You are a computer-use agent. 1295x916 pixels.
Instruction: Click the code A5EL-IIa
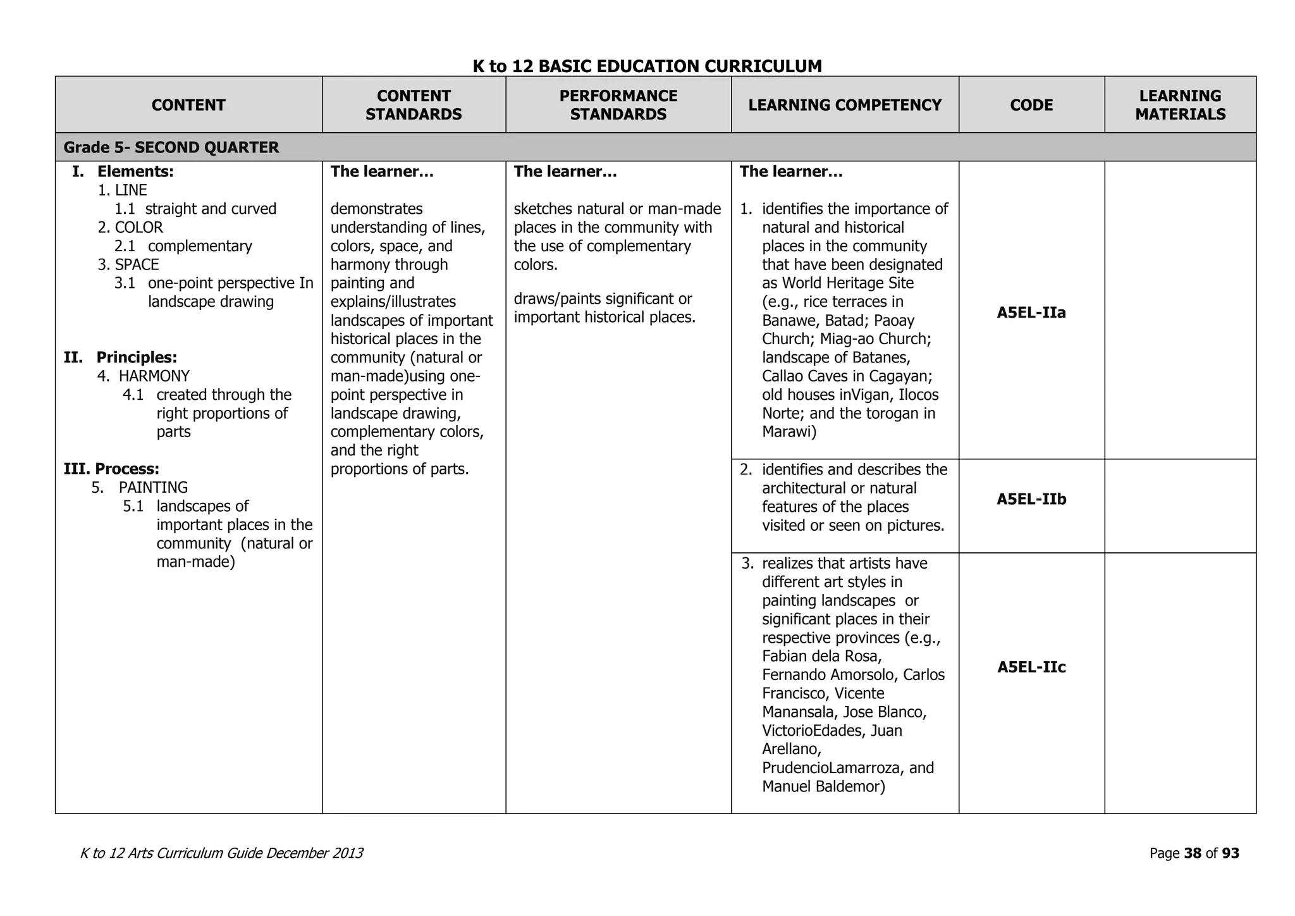(x=1031, y=313)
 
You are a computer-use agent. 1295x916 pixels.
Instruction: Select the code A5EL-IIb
(x=1031, y=499)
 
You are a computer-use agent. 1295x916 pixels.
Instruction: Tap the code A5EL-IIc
(x=1031, y=667)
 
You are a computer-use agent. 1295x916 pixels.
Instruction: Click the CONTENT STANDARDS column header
(x=414, y=105)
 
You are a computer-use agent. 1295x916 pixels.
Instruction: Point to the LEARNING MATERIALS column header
(x=1180, y=105)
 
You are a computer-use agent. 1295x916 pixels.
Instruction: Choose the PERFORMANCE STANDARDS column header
(x=618, y=105)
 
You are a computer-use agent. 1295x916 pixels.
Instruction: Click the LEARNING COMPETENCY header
(x=845, y=105)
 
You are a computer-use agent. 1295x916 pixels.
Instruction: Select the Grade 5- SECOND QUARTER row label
(x=171, y=147)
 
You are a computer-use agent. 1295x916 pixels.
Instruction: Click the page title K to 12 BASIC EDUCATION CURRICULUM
(x=647, y=66)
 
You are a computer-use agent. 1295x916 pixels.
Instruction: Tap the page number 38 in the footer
(x=1193, y=853)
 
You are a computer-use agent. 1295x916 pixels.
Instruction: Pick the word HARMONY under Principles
(x=154, y=376)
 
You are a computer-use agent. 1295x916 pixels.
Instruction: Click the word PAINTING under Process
(x=154, y=488)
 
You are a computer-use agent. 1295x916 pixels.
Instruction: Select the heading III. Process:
(x=111, y=469)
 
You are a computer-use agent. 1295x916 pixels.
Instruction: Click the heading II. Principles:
(x=120, y=357)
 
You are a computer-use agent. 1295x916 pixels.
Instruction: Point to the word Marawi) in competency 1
(x=789, y=432)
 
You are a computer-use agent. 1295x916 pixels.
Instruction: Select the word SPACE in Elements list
(x=137, y=264)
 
